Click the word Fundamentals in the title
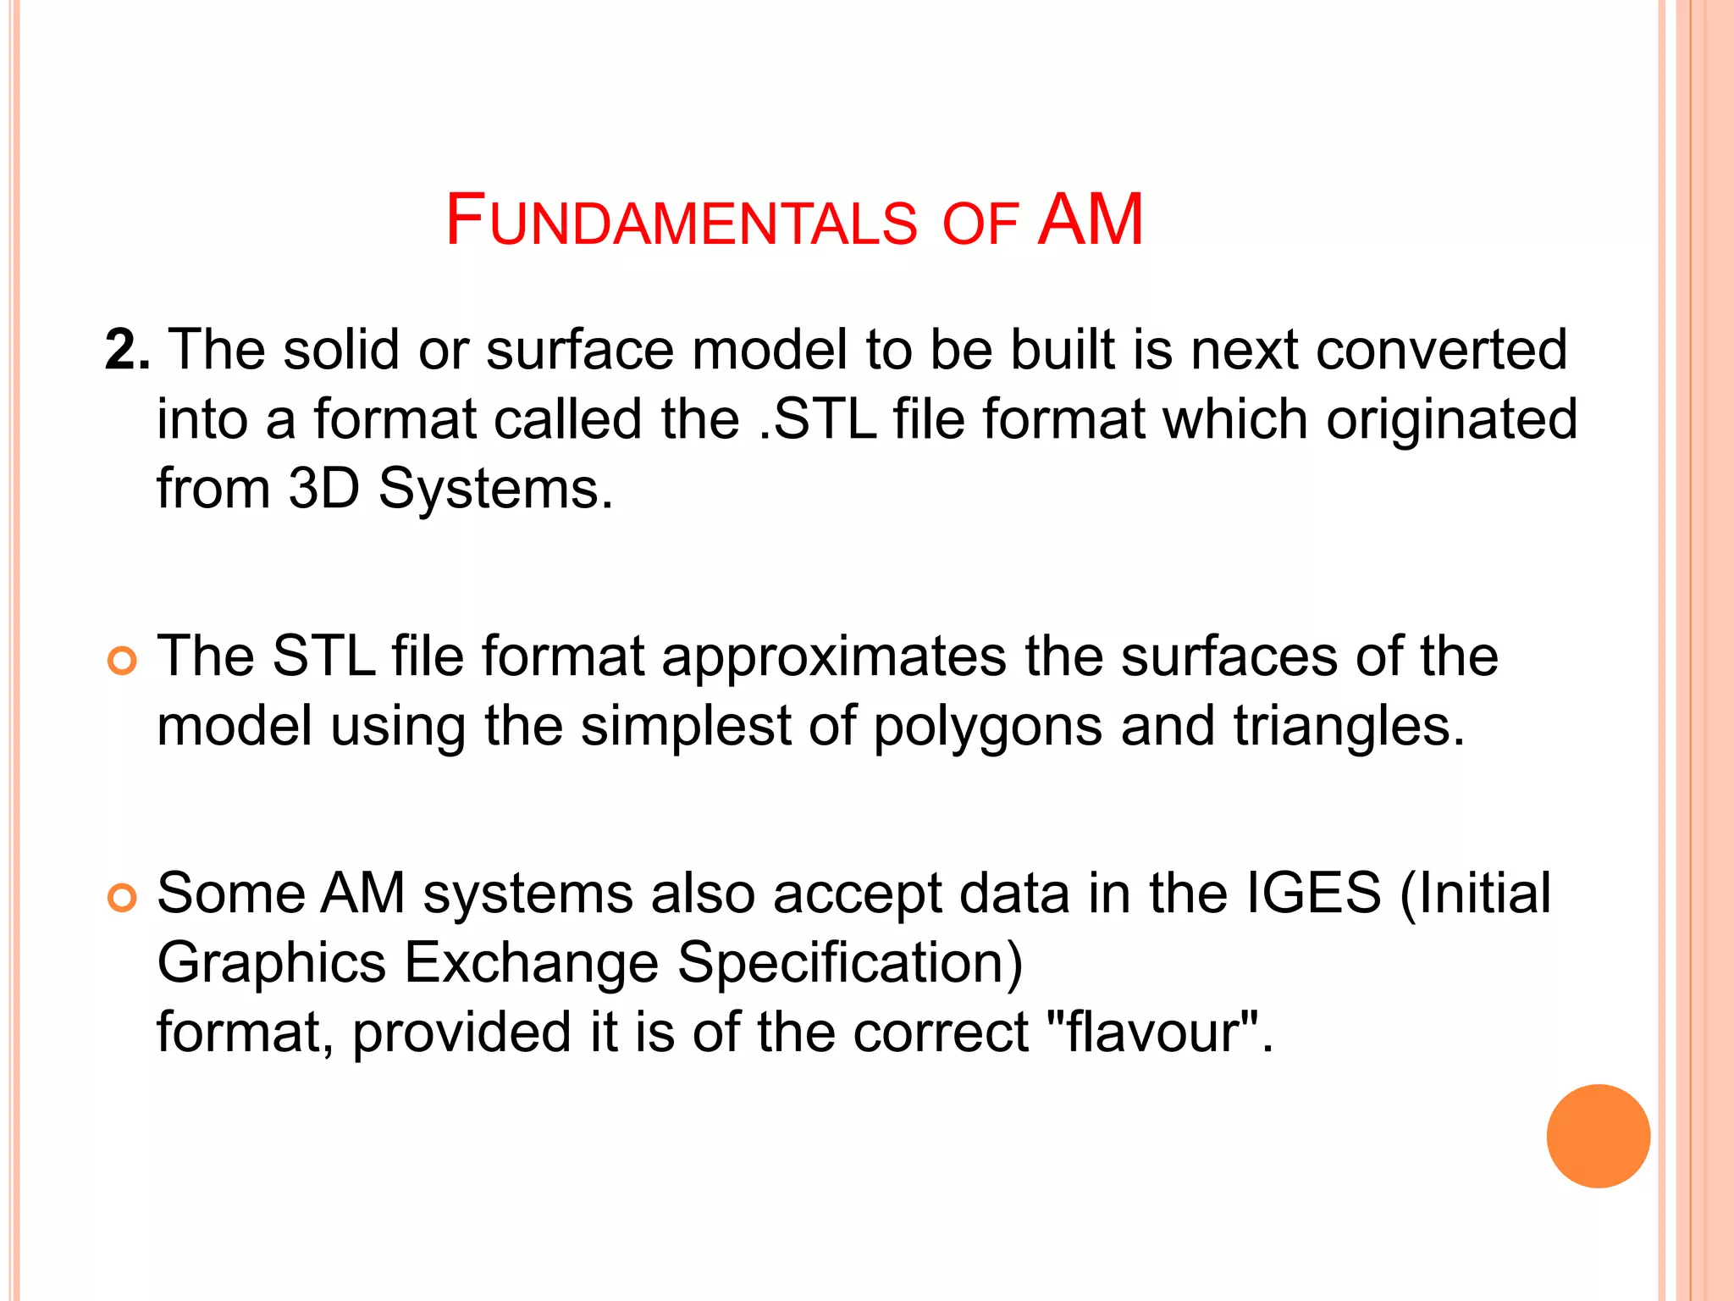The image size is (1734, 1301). point(682,221)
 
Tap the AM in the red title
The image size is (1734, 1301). point(1091,220)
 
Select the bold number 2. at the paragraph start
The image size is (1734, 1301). point(128,349)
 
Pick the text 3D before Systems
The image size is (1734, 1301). point(324,488)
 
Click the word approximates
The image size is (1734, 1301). point(834,656)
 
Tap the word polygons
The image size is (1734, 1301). point(987,726)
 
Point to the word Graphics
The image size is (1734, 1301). point(272,963)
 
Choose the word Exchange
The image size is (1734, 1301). point(532,963)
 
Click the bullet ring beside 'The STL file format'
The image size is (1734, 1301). point(123,661)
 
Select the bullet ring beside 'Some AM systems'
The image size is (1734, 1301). point(123,898)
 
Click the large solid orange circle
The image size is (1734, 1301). point(1598,1136)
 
